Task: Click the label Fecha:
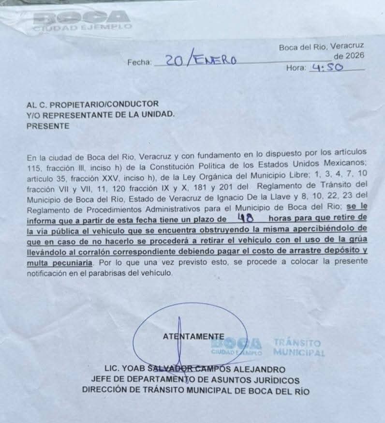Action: [139, 62]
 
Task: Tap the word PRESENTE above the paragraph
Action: [48, 126]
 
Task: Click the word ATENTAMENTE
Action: [193, 336]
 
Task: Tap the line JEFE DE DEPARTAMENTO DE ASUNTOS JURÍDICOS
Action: [195, 380]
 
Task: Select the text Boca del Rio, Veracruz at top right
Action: [321, 47]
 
